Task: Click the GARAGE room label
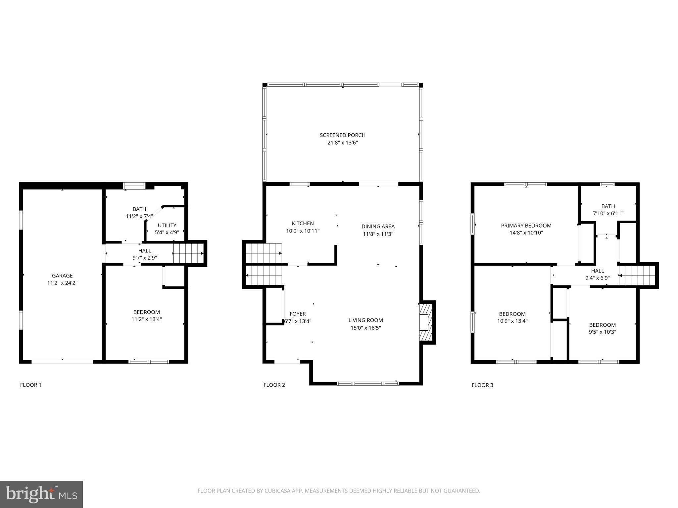(x=62, y=275)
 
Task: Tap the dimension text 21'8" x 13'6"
(x=342, y=143)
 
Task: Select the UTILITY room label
(x=167, y=225)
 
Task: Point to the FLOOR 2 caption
(x=274, y=385)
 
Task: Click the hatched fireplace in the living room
(x=426, y=322)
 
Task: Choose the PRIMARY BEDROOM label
(x=526, y=226)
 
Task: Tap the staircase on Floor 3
(x=637, y=275)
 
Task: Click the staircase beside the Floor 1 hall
(x=188, y=253)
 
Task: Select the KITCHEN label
(x=303, y=223)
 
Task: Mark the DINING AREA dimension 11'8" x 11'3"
(x=378, y=234)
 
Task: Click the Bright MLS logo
(x=41, y=494)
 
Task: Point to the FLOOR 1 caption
(x=31, y=385)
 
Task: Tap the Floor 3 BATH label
(x=608, y=206)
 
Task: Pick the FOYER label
(x=298, y=314)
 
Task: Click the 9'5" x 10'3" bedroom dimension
(x=602, y=332)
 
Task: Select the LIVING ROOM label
(x=365, y=320)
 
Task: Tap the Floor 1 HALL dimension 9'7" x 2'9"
(x=145, y=258)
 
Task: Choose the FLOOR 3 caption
(x=482, y=385)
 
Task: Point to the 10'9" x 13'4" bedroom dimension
(x=512, y=320)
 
